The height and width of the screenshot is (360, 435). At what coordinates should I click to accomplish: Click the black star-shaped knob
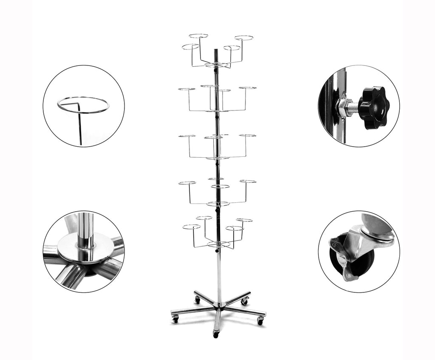tap(373, 107)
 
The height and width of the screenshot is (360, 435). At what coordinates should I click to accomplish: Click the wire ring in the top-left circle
tap(83, 105)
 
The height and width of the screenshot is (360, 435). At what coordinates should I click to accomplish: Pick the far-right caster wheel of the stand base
tap(260, 322)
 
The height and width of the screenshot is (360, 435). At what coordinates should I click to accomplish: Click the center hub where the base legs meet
tap(219, 306)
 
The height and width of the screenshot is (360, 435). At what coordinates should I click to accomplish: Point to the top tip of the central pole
tap(216, 50)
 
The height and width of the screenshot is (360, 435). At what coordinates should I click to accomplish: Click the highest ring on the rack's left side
tap(198, 36)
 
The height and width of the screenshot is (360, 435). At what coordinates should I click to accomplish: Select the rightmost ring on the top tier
tap(244, 38)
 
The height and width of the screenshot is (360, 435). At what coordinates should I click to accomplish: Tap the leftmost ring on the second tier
tap(186, 89)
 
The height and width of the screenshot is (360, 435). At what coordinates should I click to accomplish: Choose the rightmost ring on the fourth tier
tap(248, 181)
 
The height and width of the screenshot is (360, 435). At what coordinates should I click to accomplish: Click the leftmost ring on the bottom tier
tap(191, 227)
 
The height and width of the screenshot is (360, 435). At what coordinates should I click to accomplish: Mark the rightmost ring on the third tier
tap(248, 135)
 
